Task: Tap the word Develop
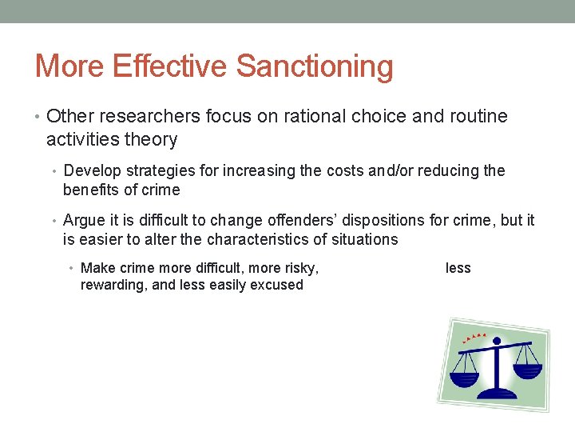tap(89, 171)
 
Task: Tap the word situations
tap(365, 240)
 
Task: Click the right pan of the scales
tap(528, 370)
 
